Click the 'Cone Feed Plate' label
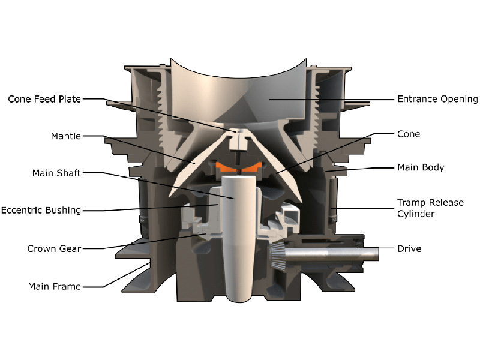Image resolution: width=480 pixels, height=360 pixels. point(44,99)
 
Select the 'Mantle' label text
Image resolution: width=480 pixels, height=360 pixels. point(65,136)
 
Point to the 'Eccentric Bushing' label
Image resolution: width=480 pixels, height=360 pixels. point(41,211)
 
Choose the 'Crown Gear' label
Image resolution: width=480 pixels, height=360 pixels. point(53,248)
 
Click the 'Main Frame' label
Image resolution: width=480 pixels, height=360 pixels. point(54,286)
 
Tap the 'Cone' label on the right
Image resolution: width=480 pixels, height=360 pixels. point(408,134)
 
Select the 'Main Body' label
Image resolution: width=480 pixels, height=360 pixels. point(421,167)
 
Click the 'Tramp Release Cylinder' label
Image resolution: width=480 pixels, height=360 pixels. point(430,208)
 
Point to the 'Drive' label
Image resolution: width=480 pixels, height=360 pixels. point(409,248)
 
